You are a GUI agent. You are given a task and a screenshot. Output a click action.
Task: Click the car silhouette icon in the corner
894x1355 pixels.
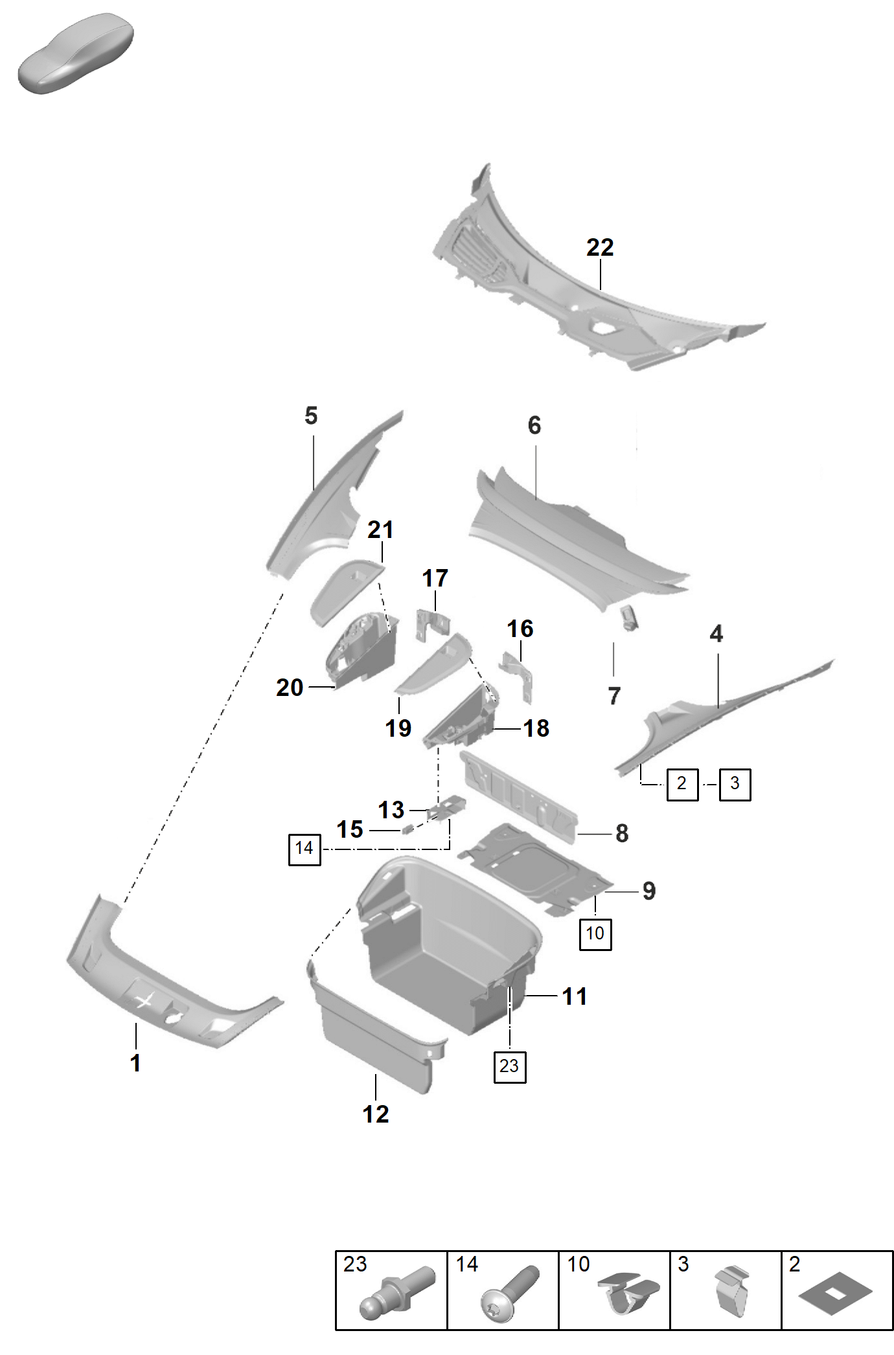coord(75,53)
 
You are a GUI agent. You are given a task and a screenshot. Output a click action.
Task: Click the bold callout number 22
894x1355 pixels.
coord(600,247)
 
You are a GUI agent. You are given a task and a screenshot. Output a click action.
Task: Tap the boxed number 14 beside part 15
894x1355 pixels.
coord(304,849)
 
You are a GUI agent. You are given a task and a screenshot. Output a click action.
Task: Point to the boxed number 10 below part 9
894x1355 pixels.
coord(595,934)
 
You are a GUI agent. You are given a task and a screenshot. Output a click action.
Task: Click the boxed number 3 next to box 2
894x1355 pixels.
coord(735,784)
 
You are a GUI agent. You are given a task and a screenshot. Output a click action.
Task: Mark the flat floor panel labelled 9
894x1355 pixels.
coord(535,868)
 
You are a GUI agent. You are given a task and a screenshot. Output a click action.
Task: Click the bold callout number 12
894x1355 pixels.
coord(376,1114)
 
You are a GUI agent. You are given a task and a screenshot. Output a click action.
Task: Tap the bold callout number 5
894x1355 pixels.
coord(311,416)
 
